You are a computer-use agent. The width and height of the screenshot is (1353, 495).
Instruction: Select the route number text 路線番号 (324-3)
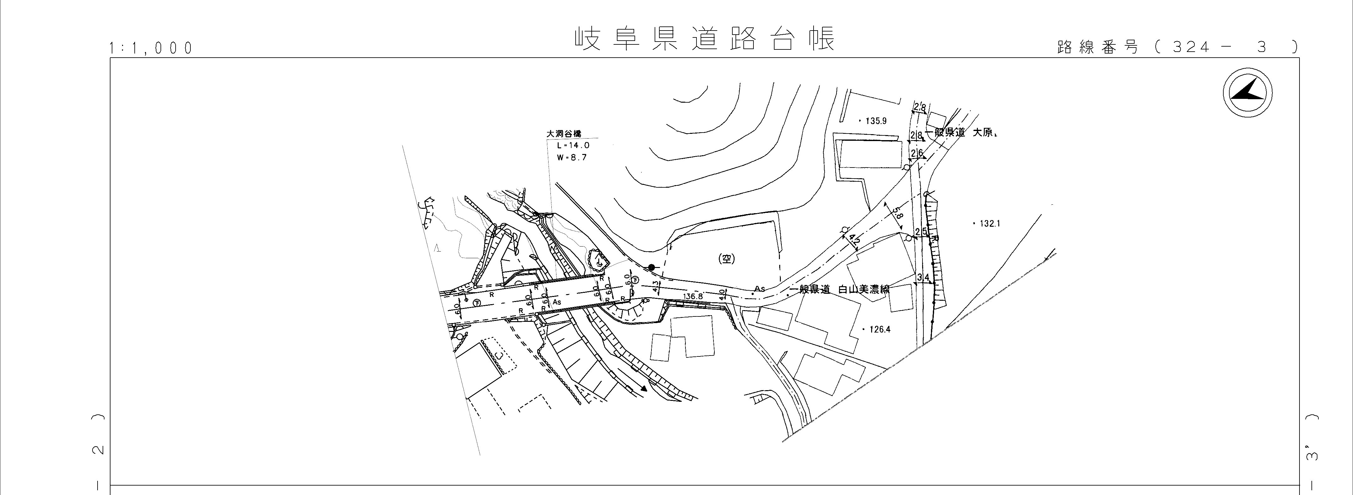(1176, 47)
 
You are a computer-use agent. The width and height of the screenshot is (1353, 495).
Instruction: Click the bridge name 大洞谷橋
(564, 134)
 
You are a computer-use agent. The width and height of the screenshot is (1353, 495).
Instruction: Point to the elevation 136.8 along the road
(692, 296)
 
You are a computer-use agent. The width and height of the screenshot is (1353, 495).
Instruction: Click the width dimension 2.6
(917, 153)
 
